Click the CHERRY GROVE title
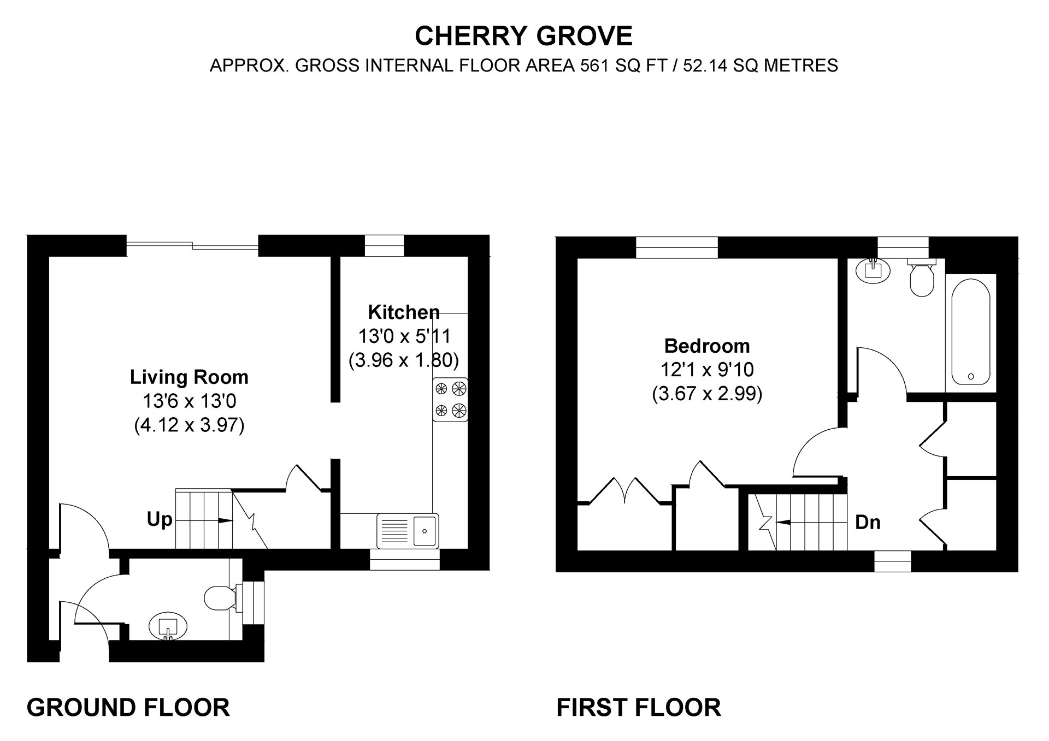coord(523,36)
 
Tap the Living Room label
coord(189,377)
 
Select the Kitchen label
coord(404,312)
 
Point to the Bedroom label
coord(707,346)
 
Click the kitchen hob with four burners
coord(450,399)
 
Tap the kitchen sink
coord(408,531)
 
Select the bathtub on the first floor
coord(970,332)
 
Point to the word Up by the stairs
coord(160,519)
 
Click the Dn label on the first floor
coord(868,523)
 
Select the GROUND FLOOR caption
coord(128,707)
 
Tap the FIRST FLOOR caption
coord(639,707)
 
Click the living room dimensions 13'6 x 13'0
coord(189,401)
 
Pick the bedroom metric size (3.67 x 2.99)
coord(707,394)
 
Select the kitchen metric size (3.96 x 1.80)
coord(404,360)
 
